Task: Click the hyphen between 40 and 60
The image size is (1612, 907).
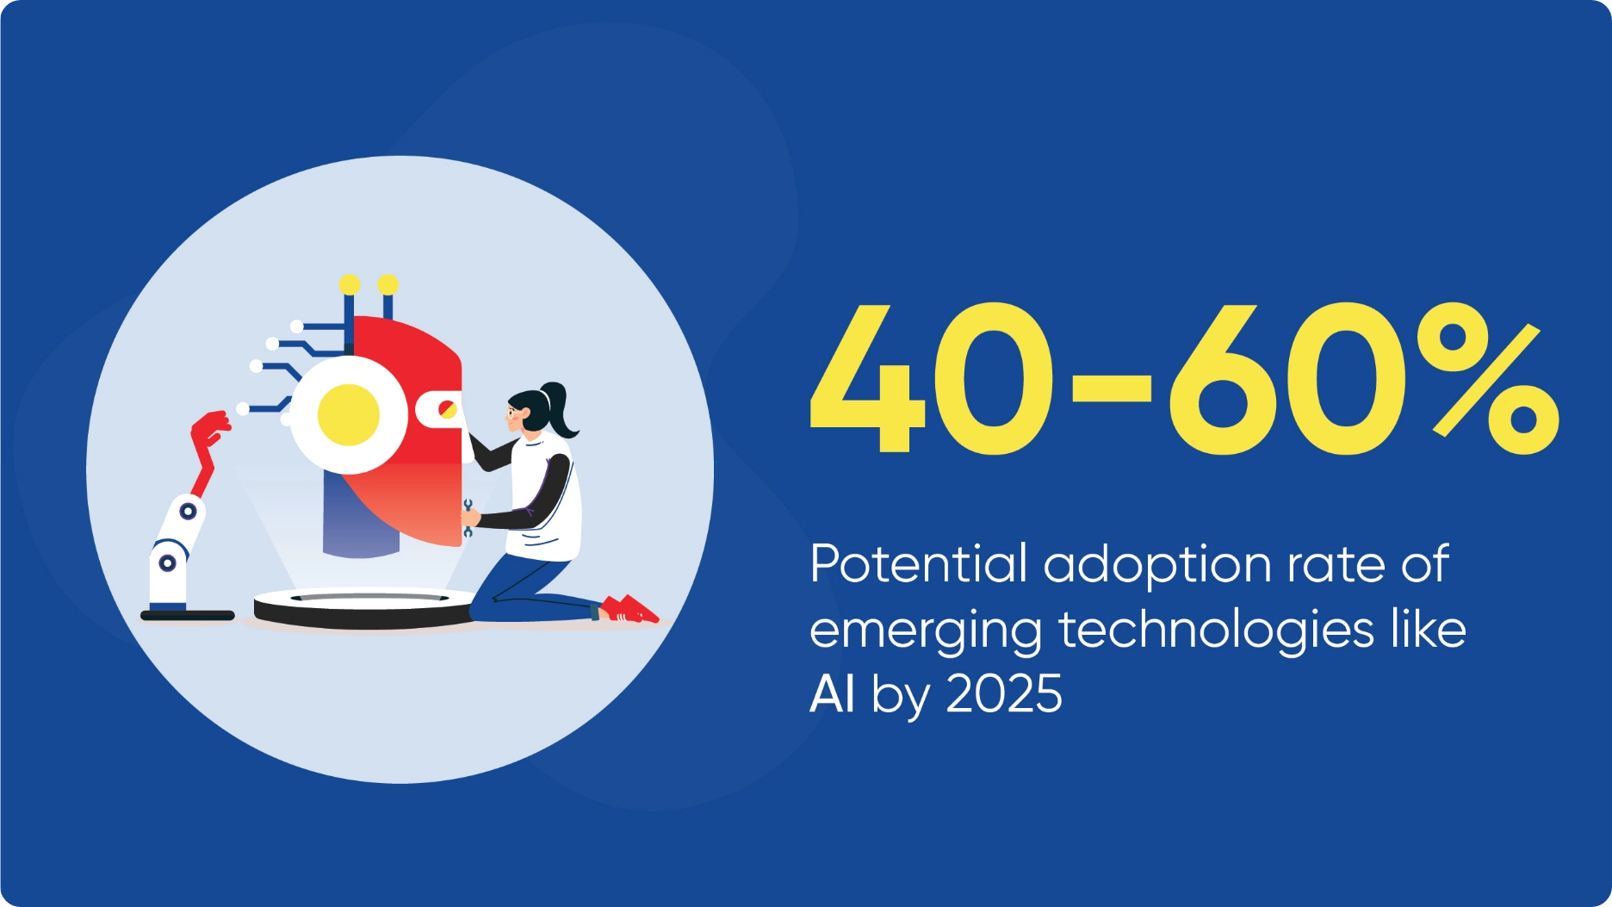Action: (1111, 388)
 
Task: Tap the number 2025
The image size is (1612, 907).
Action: (1004, 694)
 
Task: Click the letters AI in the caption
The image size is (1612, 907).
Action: (832, 693)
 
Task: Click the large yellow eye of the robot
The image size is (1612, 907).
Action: (349, 414)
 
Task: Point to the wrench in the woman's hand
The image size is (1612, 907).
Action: (468, 518)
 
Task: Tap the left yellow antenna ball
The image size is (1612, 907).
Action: (350, 284)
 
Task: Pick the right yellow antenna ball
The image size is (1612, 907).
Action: (388, 284)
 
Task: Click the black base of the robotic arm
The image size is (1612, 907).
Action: (188, 615)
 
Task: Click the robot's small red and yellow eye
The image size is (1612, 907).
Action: (447, 409)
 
